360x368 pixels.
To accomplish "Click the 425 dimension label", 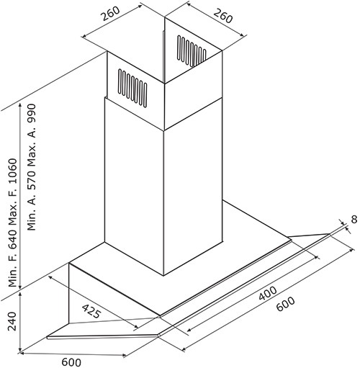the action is point(91,310).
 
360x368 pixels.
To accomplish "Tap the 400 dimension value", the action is point(268,293).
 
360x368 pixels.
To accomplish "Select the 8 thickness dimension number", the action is point(354,219).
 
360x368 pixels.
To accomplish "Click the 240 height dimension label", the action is point(12,321).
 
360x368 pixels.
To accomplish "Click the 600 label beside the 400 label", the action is point(285,304).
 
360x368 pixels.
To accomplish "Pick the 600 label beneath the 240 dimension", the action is point(71,362).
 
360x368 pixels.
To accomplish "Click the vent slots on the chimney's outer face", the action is point(132,88).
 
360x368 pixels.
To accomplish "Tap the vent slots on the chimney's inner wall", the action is point(192,51).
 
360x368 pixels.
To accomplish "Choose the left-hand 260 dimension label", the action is point(110,14).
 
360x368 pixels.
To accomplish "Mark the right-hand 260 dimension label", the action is point(223,16).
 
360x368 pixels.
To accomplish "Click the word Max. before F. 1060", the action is point(12,209).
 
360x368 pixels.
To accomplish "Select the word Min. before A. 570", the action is point(31,223).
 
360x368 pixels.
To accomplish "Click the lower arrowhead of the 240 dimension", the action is point(20,350).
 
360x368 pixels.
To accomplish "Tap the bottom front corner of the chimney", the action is point(163,276).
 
